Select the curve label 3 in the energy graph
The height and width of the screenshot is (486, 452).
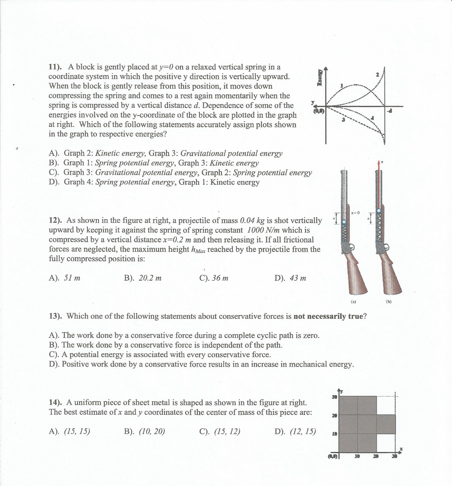click(x=343, y=120)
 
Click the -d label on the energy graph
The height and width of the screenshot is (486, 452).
click(x=390, y=111)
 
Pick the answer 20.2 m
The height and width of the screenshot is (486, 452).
click(x=150, y=278)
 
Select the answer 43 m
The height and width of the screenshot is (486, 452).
click(x=298, y=278)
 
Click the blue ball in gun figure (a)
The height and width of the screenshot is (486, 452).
click(x=344, y=222)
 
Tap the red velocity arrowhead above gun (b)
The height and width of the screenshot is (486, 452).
click(x=379, y=162)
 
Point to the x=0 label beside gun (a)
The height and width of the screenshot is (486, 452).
click(x=355, y=213)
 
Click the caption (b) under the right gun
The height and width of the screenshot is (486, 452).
click(x=389, y=302)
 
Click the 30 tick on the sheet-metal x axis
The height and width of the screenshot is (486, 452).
click(x=395, y=456)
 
